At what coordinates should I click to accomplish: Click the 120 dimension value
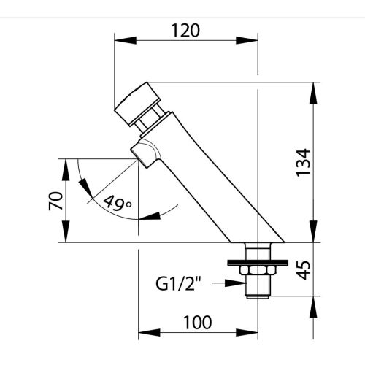[185, 31]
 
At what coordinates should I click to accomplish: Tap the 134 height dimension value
[303, 162]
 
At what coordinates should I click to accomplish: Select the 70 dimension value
[55, 201]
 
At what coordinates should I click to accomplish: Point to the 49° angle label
[118, 203]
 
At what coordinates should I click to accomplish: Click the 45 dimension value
[304, 270]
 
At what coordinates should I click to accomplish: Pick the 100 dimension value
[198, 323]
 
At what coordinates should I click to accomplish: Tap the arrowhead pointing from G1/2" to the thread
[235, 283]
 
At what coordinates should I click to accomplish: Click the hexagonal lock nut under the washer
[258, 270]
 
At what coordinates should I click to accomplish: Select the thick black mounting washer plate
[258, 263]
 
